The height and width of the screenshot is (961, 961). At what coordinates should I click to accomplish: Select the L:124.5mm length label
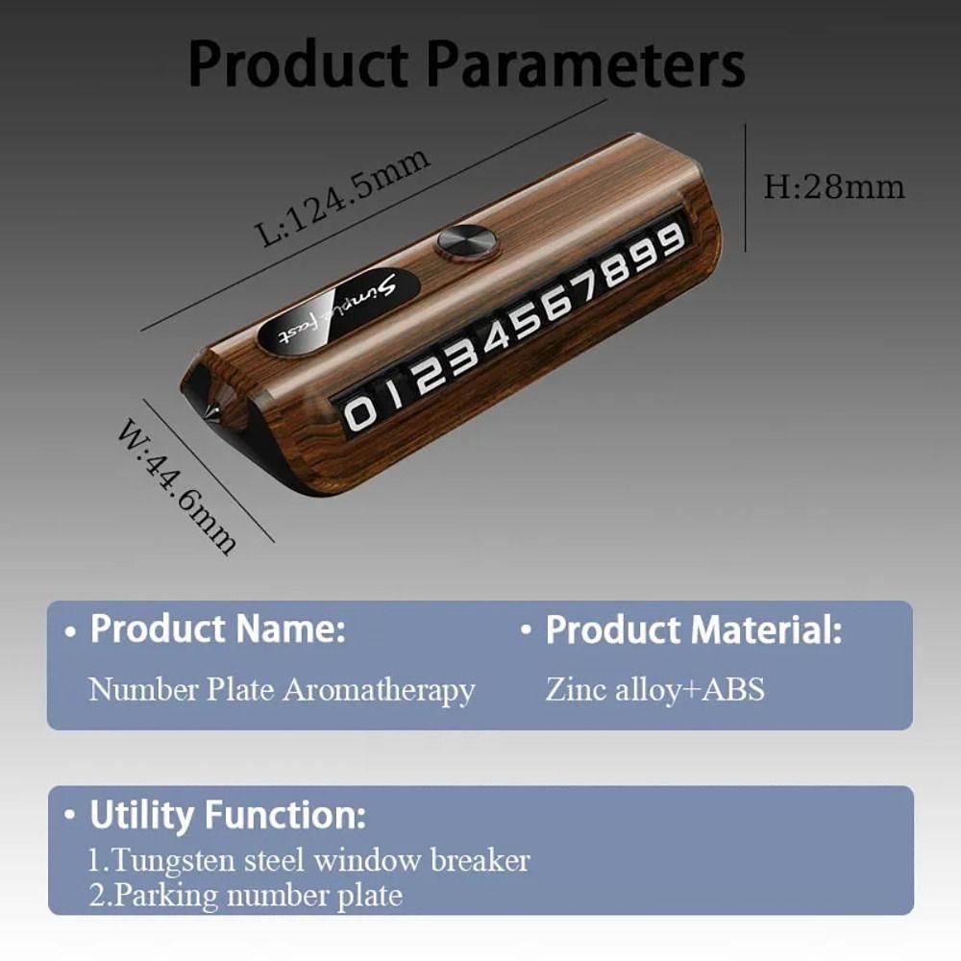(343, 198)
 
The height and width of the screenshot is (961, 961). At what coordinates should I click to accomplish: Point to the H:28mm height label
(833, 185)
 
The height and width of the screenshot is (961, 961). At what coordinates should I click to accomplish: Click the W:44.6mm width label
(177, 486)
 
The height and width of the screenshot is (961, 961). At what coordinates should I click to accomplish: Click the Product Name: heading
(217, 630)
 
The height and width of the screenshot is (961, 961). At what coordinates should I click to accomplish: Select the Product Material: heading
(693, 630)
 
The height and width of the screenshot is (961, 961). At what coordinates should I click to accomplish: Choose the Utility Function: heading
(227, 815)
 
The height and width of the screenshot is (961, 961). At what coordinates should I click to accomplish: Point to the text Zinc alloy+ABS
(654, 689)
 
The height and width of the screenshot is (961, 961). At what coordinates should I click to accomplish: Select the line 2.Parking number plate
(245, 896)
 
